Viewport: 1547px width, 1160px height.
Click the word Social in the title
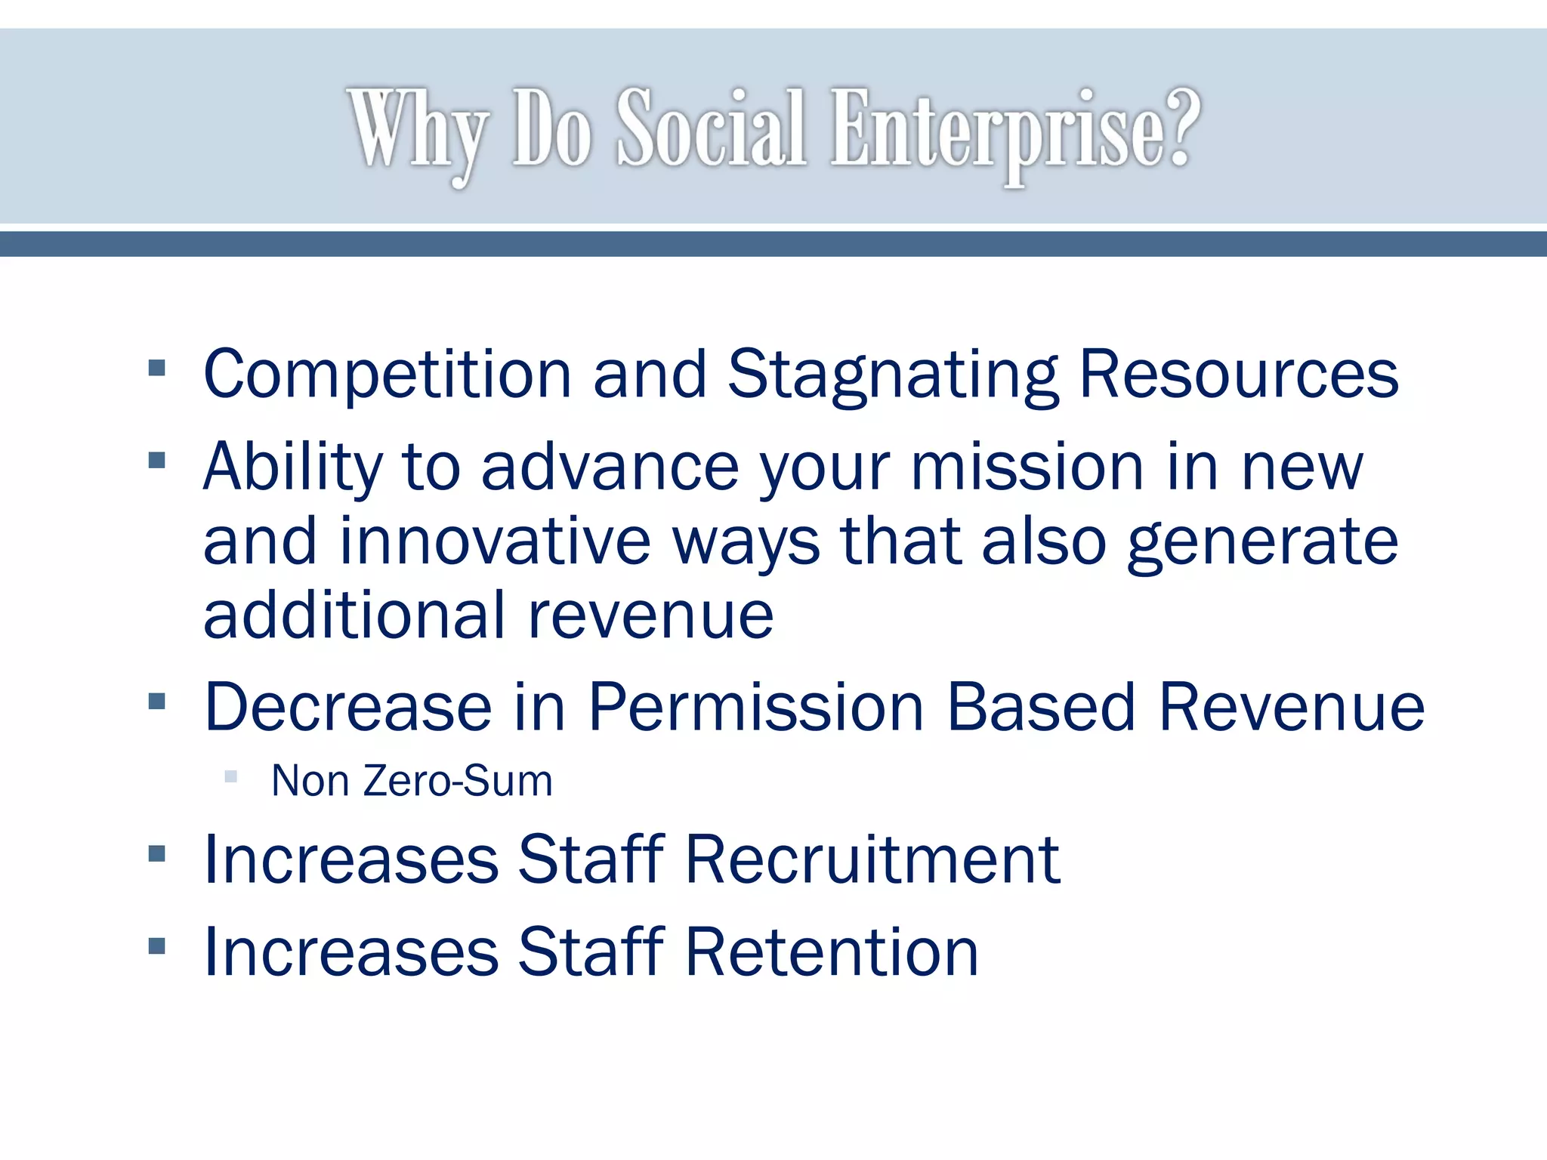click(x=712, y=128)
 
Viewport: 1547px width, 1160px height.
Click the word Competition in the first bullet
click(x=388, y=375)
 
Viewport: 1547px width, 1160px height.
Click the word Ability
click(x=293, y=467)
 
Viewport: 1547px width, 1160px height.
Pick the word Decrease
click(x=348, y=708)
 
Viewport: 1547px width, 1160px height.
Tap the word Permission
click(x=756, y=708)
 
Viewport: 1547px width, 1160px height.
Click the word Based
click(x=1041, y=708)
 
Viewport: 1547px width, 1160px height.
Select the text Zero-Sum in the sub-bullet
click(x=458, y=781)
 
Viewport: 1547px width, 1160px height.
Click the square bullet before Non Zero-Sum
click(x=231, y=776)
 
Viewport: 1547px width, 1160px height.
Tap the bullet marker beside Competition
click(x=157, y=369)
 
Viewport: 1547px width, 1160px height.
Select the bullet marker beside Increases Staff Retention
click(x=157, y=946)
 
